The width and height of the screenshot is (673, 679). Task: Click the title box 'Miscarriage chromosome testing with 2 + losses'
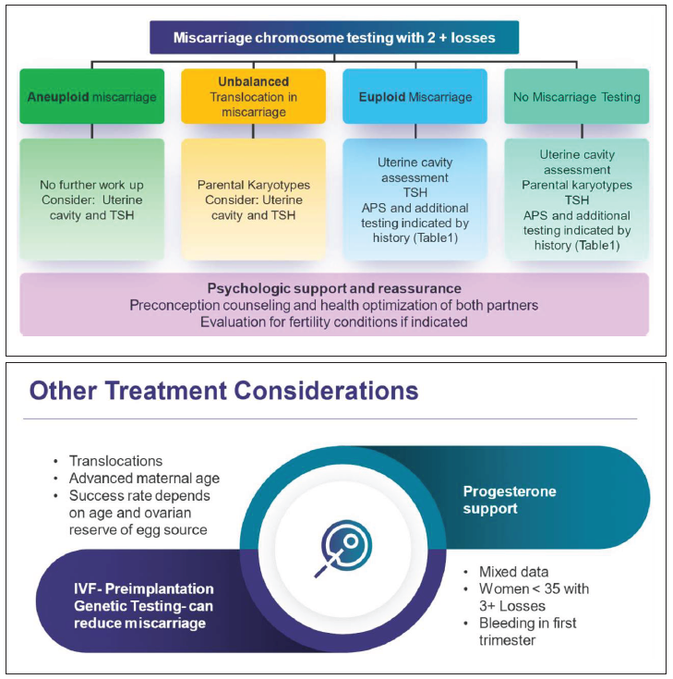tap(333, 38)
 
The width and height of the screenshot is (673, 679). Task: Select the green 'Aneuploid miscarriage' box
tap(90, 96)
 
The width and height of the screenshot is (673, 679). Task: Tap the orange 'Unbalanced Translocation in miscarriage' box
tap(253, 96)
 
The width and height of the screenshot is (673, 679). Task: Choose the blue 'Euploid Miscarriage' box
tap(415, 96)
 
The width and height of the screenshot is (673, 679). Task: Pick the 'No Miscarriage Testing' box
tap(576, 96)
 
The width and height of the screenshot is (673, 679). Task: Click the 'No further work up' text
tap(90, 186)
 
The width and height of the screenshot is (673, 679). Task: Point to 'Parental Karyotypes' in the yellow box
tap(253, 185)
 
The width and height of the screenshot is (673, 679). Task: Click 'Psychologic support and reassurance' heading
tap(333, 289)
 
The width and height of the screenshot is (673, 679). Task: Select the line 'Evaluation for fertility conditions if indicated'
tap(333, 322)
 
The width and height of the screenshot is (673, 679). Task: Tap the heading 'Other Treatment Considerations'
tap(223, 391)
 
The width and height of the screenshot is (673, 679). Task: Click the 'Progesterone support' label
tap(510, 500)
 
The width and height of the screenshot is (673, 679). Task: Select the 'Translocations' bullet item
tap(115, 460)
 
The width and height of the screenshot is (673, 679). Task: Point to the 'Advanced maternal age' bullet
tap(144, 478)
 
